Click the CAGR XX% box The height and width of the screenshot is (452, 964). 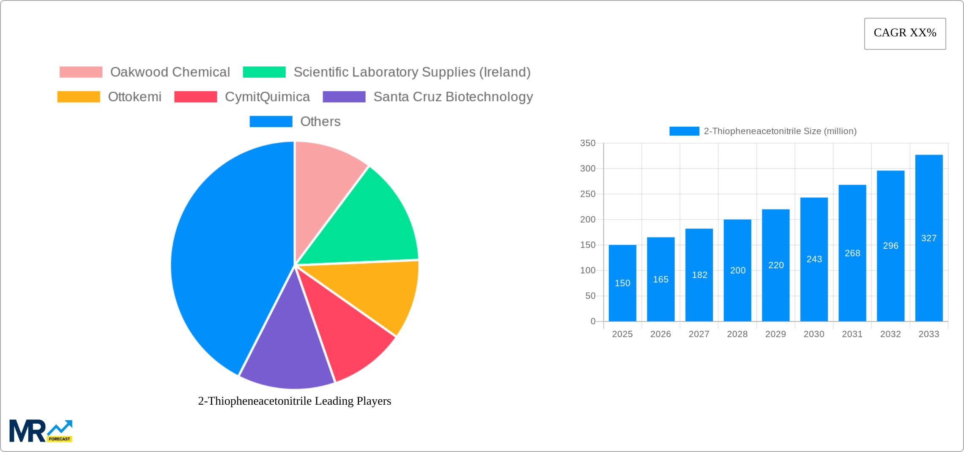tap(905, 33)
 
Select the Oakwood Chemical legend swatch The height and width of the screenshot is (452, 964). tap(81, 72)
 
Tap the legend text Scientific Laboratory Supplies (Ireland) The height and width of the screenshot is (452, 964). tap(412, 72)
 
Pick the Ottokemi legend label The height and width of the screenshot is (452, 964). tap(134, 97)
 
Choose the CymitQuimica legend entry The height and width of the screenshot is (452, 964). tap(267, 97)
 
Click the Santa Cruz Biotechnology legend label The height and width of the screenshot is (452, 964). tap(453, 97)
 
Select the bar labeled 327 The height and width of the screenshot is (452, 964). tap(929, 238)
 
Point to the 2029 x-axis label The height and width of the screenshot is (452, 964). tap(775, 334)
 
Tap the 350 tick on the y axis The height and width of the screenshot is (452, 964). tap(588, 143)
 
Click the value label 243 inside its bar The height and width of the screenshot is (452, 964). tap(814, 259)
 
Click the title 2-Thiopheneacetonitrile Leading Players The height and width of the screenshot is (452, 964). tap(295, 401)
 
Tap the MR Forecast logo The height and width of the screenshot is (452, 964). tap(41, 431)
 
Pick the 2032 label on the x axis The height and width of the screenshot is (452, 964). tap(890, 334)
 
